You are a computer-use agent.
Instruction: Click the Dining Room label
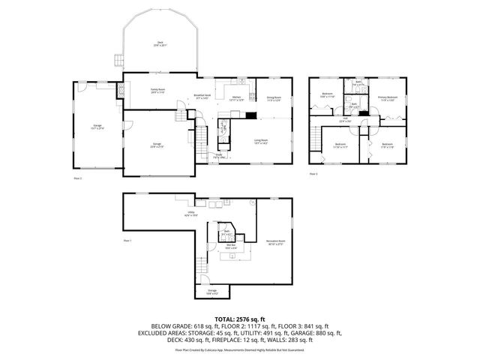coord(274,99)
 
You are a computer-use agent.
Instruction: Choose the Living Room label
coord(261,142)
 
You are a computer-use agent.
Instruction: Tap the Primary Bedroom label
coord(388,98)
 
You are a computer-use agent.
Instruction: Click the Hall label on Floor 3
coord(346,120)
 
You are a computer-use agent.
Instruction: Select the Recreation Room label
coord(276,242)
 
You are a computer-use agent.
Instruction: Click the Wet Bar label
coord(229,246)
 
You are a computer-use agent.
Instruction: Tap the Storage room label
coord(212,292)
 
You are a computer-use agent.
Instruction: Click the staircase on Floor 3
coord(313,139)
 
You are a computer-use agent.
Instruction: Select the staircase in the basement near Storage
coord(200,264)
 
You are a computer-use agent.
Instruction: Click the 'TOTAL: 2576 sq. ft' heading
coord(240,319)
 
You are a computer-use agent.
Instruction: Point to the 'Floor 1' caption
coord(127,241)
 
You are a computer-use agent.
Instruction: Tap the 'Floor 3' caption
coord(313,173)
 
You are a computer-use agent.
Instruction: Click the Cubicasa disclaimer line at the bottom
coord(240,349)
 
